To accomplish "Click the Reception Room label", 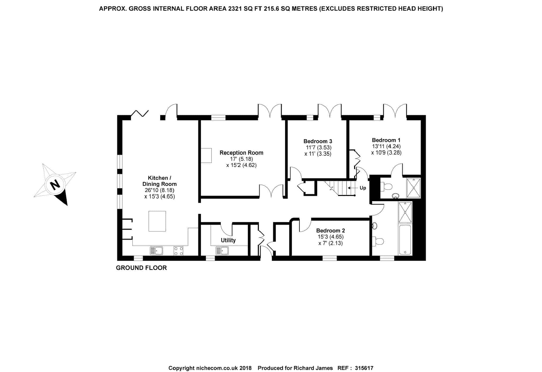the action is (x=241, y=153).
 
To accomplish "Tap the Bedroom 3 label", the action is (x=318, y=141).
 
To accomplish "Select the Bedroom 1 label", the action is (x=386, y=140).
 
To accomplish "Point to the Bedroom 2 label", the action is (x=331, y=231).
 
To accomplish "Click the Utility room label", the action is (x=228, y=240).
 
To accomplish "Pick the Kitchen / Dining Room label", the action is (x=160, y=181).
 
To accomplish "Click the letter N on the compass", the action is (x=55, y=185).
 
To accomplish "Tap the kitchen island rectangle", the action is (x=157, y=221).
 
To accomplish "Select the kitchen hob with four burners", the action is (x=179, y=251).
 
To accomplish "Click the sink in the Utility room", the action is (x=222, y=251).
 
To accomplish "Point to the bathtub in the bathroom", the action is (x=405, y=240).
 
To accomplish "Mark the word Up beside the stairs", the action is (x=363, y=188).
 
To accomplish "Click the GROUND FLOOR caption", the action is (x=141, y=268).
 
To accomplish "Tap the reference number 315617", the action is (x=364, y=368).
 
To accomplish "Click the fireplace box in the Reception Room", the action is (x=206, y=155).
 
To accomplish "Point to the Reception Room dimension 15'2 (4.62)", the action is (x=241, y=165).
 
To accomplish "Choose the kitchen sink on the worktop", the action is (x=156, y=251).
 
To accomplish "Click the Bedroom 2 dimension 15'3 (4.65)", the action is (x=331, y=237).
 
